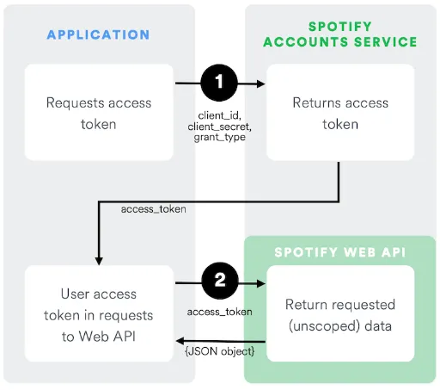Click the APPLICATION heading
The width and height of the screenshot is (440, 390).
pyautogui.click(x=98, y=34)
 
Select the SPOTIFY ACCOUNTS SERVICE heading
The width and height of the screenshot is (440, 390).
pyautogui.click(x=340, y=34)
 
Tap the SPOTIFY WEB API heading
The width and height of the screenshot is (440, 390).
pyautogui.click(x=340, y=252)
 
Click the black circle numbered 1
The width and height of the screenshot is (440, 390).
pyautogui.click(x=219, y=83)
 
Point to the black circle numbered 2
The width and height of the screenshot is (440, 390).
pyautogui.click(x=220, y=281)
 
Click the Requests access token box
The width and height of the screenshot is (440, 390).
pyautogui.click(x=99, y=112)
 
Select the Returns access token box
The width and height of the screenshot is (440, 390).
pyautogui.click(x=340, y=112)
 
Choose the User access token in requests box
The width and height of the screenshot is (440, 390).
pyautogui.click(x=99, y=313)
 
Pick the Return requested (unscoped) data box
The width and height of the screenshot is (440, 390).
pyautogui.click(x=340, y=313)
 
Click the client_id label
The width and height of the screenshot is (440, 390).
pyautogui.click(x=219, y=115)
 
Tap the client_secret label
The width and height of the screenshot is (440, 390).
pyautogui.click(x=219, y=127)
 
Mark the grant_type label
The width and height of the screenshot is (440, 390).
pyautogui.click(x=220, y=138)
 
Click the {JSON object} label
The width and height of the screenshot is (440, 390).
pyautogui.click(x=220, y=351)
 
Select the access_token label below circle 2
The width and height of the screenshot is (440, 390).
pyautogui.click(x=220, y=312)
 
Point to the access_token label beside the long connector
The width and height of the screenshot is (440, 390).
pyautogui.click(x=154, y=209)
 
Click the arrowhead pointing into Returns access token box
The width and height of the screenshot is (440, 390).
pyautogui.click(x=261, y=84)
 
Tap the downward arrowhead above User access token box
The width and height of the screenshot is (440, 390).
pyautogui.click(x=99, y=261)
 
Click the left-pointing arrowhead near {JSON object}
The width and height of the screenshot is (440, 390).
pyautogui.click(x=180, y=341)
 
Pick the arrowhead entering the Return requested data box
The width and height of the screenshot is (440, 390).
pyautogui.click(x=261, y=283)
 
